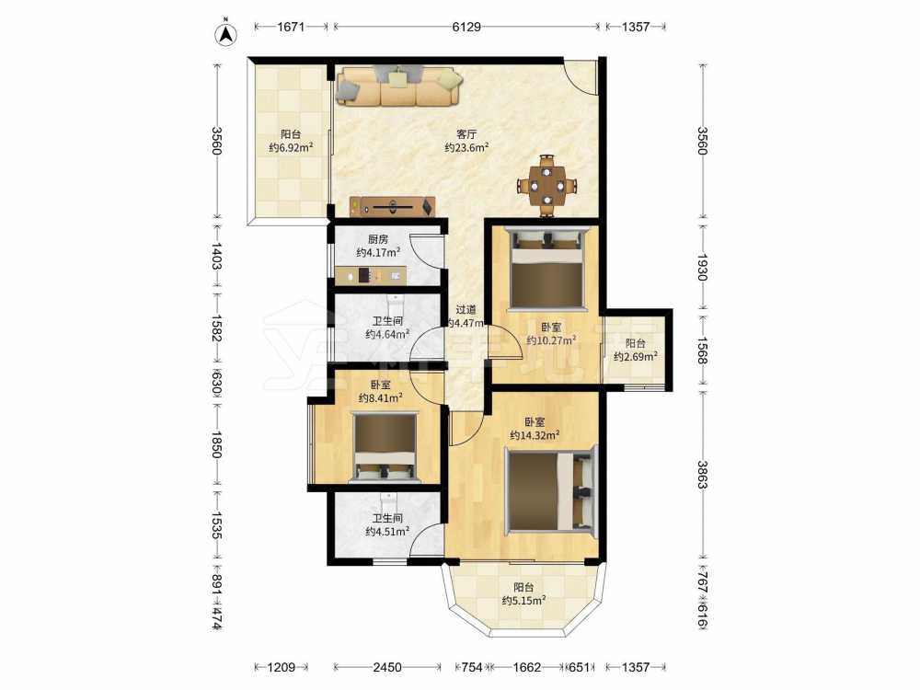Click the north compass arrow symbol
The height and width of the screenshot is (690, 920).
pos(225,33)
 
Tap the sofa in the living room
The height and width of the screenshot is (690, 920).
pos(399,85)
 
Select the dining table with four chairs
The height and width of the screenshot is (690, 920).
pos(546,187)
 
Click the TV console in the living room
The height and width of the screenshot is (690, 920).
pos(393,206)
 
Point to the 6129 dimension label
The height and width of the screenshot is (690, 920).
pos(466,27)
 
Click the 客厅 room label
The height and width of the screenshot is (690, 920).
pos(466,134)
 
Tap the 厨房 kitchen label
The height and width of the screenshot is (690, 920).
pos(378,239)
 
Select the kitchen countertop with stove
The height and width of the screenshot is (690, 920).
pos(371,275)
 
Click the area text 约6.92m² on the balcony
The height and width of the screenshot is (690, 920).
pos(291,148)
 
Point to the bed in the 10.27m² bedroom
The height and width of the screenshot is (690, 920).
pos(546,269)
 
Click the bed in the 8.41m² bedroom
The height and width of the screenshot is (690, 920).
pos(385,447)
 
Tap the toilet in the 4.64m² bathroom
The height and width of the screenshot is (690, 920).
pos(397,305)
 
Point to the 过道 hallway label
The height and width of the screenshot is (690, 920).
pos(466,310)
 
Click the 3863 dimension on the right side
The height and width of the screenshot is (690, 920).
pos(702,475)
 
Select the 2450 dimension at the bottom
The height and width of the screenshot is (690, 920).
pos(387,667)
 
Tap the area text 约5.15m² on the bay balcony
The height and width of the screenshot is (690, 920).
pos(524,601)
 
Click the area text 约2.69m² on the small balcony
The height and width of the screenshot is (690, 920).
pos(636,357)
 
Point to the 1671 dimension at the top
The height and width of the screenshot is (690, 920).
pos(291,27)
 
